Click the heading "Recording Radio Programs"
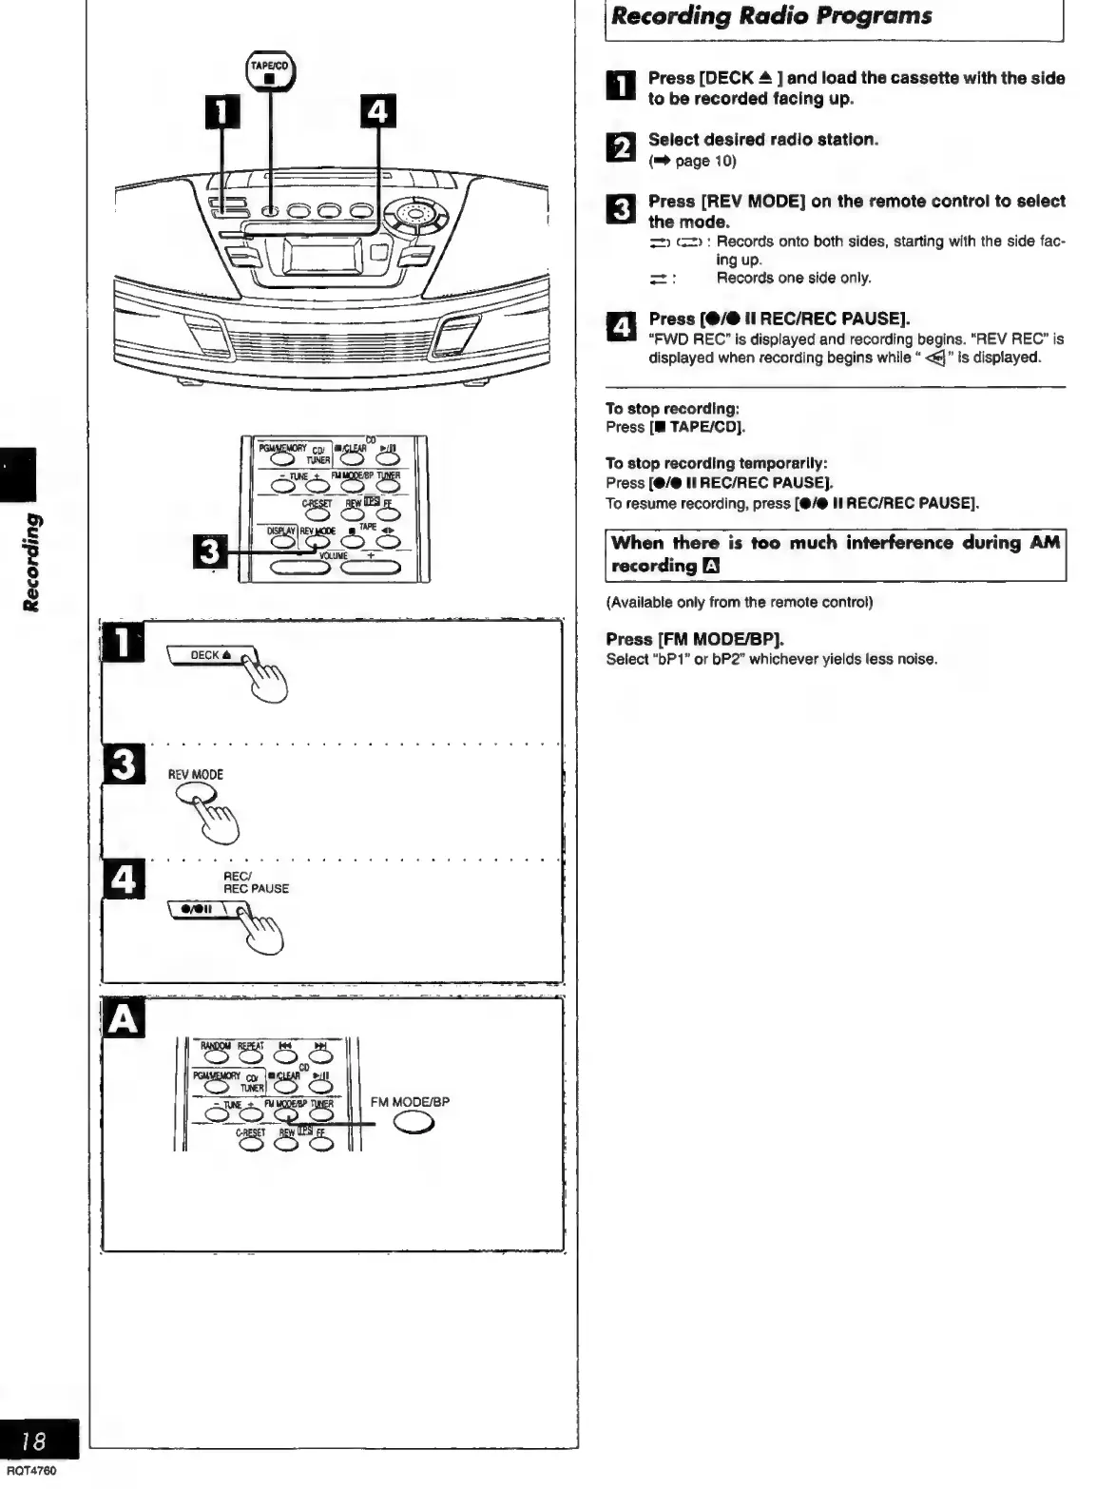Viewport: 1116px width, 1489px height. [x=771, y=16]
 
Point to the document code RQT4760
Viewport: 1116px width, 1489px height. [x=31, y=1471]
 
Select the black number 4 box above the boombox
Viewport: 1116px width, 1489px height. [x=377, y=112]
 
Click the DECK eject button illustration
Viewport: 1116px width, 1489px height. [x=211, y=656]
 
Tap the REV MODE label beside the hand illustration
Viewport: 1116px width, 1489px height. [x=195, y=775]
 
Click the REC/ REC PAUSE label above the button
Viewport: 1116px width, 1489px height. [x=256, y=882]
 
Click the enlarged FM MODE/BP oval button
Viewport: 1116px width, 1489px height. [x=414, y=1123]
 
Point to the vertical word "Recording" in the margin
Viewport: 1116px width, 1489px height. [x=32, y=562]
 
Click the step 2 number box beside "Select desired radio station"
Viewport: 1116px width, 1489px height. [x=618, y=147]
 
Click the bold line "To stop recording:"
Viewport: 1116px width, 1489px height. [x=672, y=409]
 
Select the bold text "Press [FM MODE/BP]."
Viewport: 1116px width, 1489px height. [x=695, y=639]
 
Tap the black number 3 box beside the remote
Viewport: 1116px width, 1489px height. [x=210, y=551]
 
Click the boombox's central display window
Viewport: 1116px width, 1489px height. [x=322, y=257]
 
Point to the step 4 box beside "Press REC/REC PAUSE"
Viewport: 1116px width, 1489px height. [x=619, y=327]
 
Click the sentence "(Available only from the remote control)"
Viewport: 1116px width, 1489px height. [x=739, y=602]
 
